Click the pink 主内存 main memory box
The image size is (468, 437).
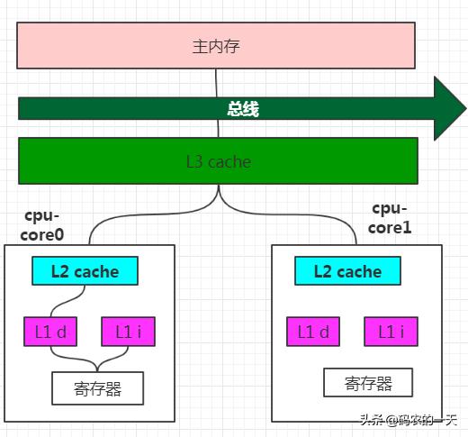[x=216, y=45]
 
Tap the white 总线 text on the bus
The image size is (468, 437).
[x=243, y=109]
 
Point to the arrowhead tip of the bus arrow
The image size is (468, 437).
[x=466, y=108]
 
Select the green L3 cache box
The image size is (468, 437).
[x=218, y=160]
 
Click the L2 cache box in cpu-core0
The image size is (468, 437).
[x=85, y=270]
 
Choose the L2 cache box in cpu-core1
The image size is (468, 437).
[x=347, y=270]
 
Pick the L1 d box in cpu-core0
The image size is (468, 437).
[x=50, y=332]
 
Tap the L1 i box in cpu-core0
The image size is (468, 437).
[x=129, y=332]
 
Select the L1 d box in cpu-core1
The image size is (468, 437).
[x=313, y=332]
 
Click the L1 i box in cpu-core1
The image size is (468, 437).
[x=391, y=332]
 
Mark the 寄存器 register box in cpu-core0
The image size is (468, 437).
[x=98, y=388]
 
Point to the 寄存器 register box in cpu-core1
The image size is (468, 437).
[x=368, y=382]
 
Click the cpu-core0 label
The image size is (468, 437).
[x=42, y=225]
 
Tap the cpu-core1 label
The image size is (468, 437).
[x=390, y=218]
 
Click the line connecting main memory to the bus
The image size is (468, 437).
[x=216, y=83]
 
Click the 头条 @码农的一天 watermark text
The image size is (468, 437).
[x=409, y=420]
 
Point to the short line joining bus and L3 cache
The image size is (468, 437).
[x=218, y=129]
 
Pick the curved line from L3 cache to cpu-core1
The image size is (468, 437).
[x=288, y=214]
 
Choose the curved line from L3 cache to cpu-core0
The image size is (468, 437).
[x=150, y=214]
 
